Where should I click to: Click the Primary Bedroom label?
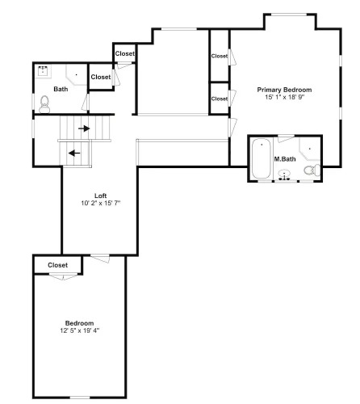[284, 90]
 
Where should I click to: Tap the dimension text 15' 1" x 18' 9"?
[284, 97]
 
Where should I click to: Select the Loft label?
[100, 196]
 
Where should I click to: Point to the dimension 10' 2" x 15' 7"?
[100, 203]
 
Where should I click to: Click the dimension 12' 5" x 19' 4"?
[80, 330]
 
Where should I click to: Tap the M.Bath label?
[285, 159]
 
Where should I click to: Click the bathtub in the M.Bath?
[261, 158]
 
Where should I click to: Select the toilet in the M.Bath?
[312, 170]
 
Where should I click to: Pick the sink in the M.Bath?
[284, 175]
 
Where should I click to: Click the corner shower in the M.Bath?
[310, 149]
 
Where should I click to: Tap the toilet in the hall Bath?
[44, 104]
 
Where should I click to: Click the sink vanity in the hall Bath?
[43, 71]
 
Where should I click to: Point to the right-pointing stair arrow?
[84, 128]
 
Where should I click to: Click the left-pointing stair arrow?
[74, 154]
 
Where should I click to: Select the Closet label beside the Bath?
[101, 77]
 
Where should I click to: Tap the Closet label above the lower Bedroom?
[57, 265]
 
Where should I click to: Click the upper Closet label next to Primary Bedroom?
[220, 56]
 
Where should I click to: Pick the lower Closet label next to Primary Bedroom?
[220, 99]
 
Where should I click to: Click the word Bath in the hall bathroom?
[61, 89]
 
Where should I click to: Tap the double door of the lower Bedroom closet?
[63, 276]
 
